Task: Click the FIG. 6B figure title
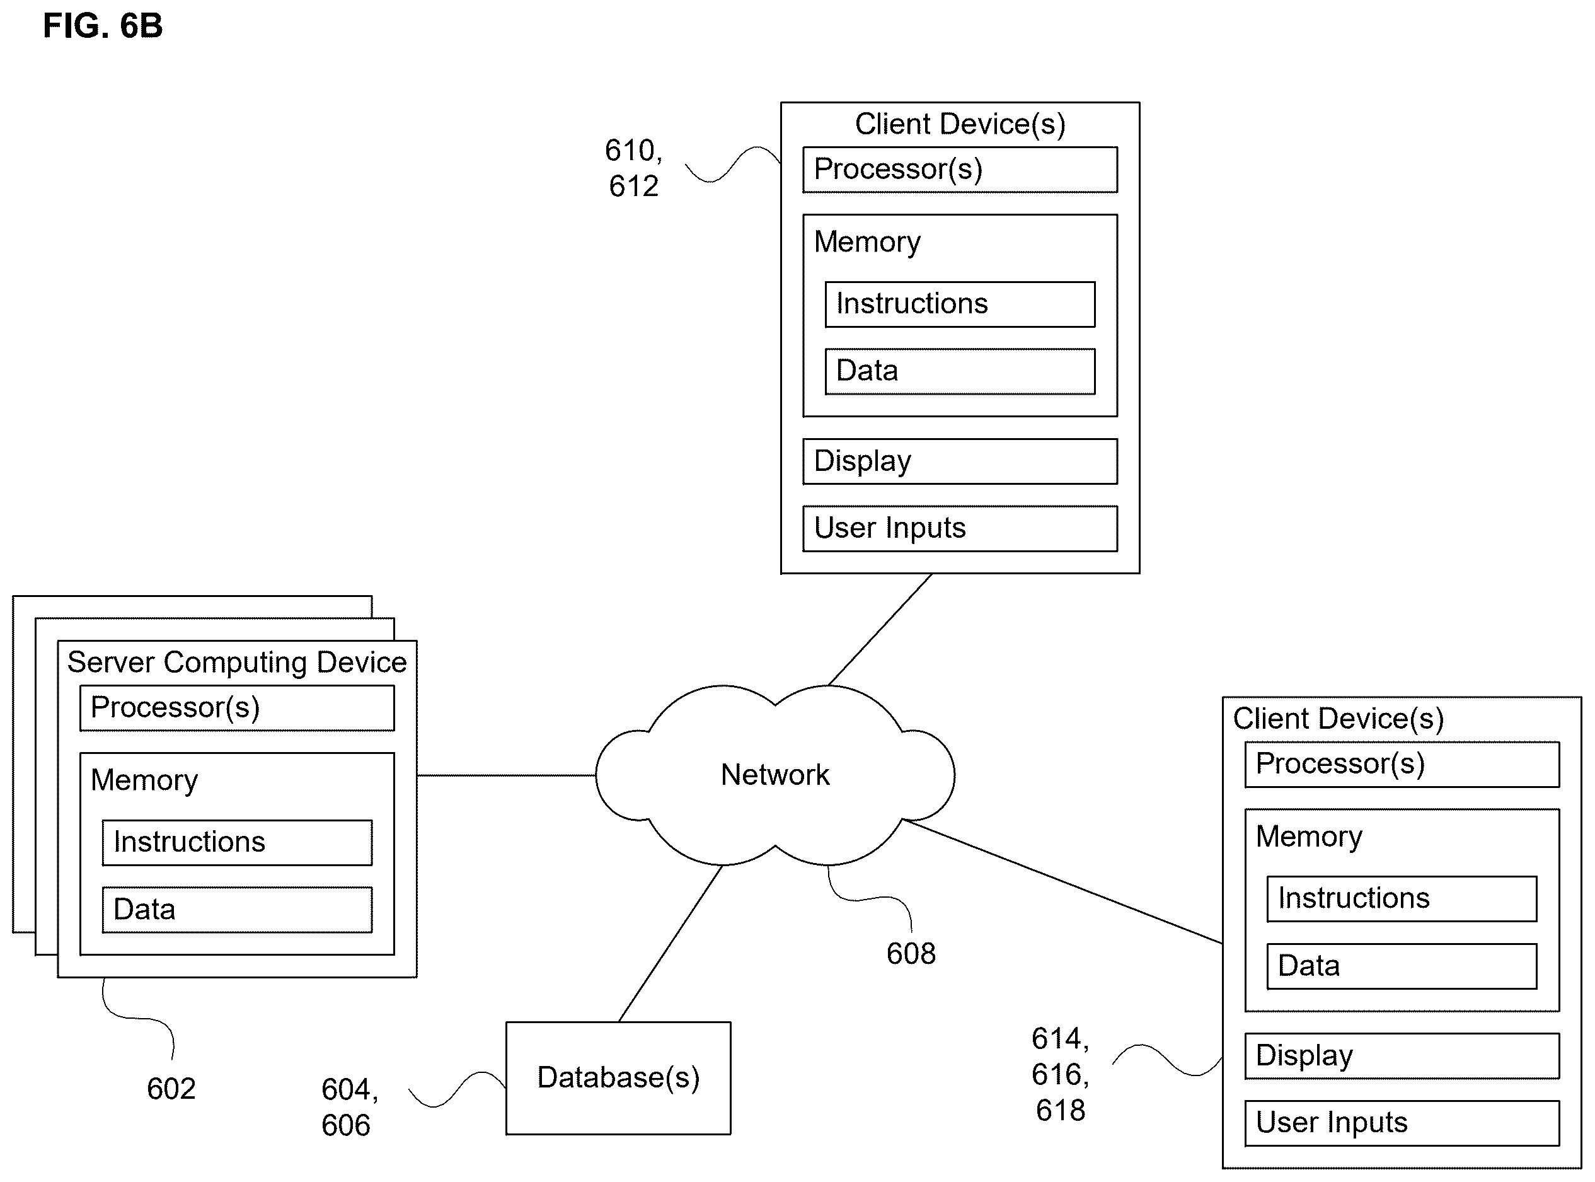point(103,26)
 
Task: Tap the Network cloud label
point(774,775)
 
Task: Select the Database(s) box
point(618,1077)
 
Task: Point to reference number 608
point(911,953)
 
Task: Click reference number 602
point(171,1088)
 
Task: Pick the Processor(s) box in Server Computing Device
point(237,708)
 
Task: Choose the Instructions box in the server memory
point(237,842)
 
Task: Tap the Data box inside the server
point(237,910)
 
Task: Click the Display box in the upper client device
point(960,461)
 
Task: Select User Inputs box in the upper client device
point(960,529)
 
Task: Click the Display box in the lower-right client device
point(1402,1055)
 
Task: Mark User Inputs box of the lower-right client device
point(1402,1123)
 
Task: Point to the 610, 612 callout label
point(634,168)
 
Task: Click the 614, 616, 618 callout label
point(1060,1074)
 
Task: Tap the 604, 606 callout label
point(350,1107)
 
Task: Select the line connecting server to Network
point(507,775)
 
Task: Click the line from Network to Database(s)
point(670,943)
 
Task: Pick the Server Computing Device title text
point(237,662)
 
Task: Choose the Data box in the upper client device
point(960,371)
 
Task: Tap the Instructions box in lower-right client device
point(1402,899)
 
